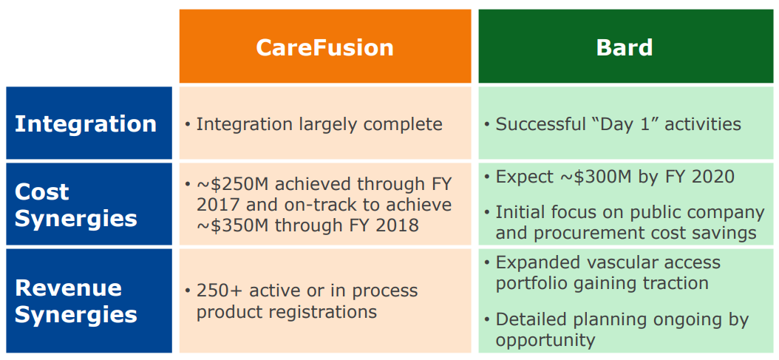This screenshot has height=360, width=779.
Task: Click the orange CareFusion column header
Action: pyautogui.click(x=325, y=47)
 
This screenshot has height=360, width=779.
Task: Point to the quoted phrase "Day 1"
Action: pyautogui.click(x=624, y=123)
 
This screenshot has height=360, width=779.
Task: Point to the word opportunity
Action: pyautogui.click(x=545, y=341)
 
